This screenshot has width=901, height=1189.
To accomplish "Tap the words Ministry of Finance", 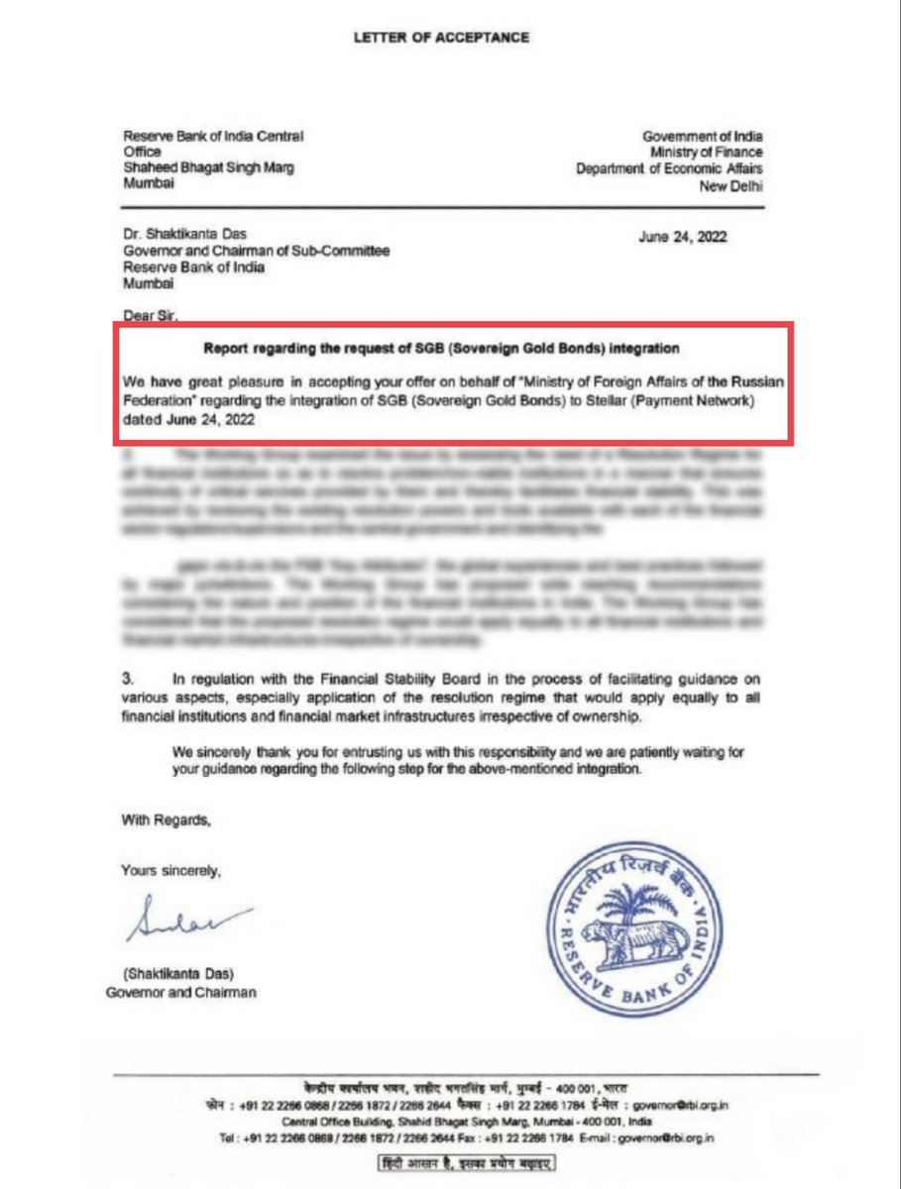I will [x=706, y=153].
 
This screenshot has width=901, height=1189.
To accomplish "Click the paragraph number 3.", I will [x=128, y=679].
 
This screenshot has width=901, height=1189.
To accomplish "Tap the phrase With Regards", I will [x=167, y=819].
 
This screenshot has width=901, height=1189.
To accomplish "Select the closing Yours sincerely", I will [x=170, y=871].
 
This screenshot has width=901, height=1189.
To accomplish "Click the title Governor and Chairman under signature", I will [x=180, y=992].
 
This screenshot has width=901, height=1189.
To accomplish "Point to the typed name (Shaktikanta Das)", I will [x=179, y=975].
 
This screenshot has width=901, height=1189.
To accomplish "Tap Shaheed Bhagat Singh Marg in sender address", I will [x=208, y=168].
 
